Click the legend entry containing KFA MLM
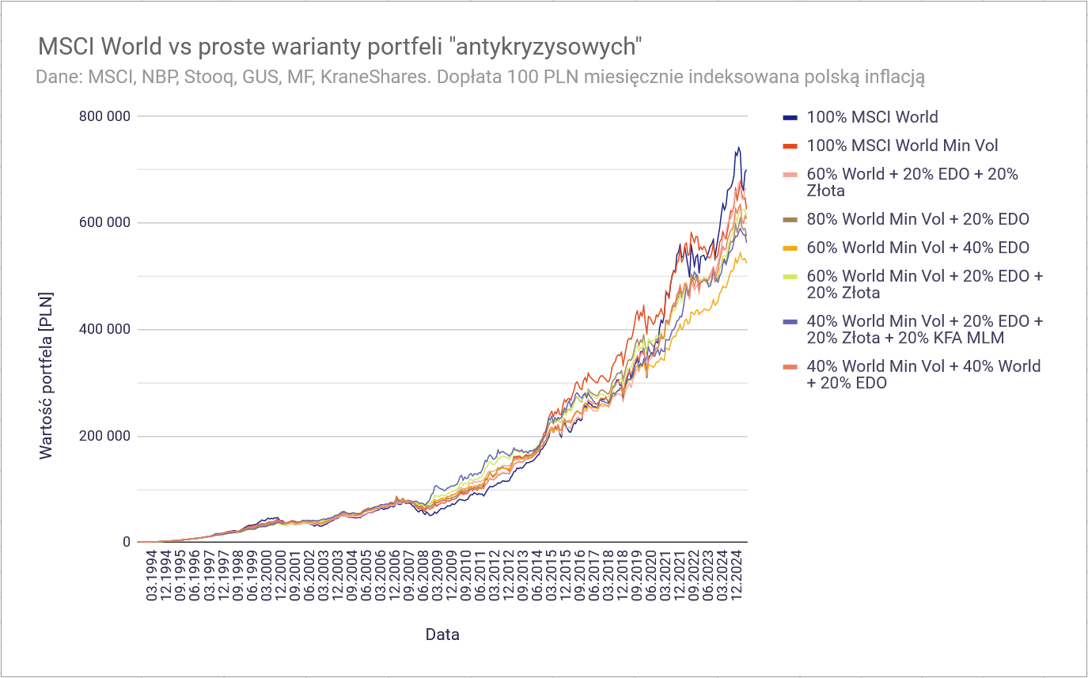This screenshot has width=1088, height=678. (924, 330)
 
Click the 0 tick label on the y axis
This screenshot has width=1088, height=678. (126, 543)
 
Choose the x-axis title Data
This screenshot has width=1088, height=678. (442, 634)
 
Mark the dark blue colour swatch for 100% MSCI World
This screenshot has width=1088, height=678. (789, 118)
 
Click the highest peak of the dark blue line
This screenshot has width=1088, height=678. (738, 147)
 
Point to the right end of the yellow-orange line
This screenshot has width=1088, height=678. (746, 262)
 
